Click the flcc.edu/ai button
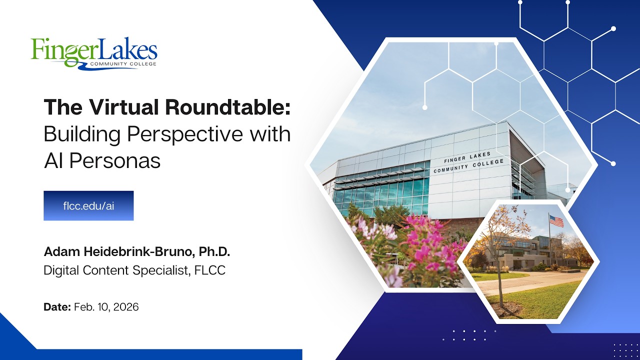[88, 205]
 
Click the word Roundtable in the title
[227, 107]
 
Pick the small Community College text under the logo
[123, 63]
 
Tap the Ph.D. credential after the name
[214, 251]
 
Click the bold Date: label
[57, 307]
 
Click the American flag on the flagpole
[556, 221]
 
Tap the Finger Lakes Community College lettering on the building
[468, 162]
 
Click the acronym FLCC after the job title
[209, 270]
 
